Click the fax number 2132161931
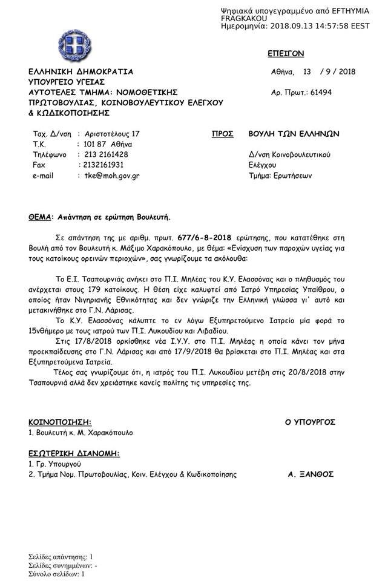[104, 165]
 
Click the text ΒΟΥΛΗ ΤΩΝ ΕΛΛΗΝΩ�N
[294, 134]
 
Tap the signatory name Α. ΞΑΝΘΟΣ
[311, 474]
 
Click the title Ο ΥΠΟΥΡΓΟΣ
[310, 422]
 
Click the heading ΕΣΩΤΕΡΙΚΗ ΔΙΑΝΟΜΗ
[74, 453]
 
